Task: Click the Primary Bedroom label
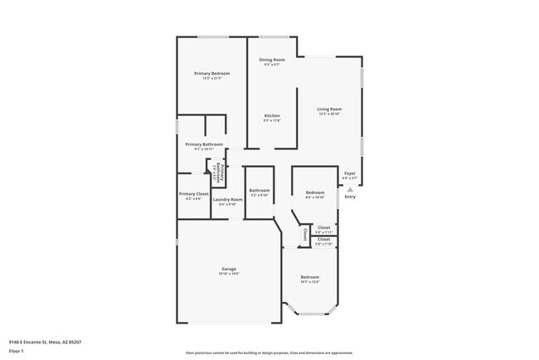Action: [x=212, y=74]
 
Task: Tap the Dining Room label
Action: [x=272, y=60]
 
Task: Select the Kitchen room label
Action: [x=272, y=115]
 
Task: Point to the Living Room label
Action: [x=329, y=109]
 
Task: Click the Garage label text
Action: [x=230, y=269]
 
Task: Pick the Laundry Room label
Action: [x=227, y=199]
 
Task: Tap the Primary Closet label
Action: [x=193, y=194]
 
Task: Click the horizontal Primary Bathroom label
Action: [x=204, y=144]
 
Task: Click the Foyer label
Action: [x=350, y=173]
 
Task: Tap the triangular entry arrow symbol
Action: [x=350, y=189]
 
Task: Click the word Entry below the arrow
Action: [x=350, y=197]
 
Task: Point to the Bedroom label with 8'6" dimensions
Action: [x=314, y=192]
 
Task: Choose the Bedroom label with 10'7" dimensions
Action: [x=309, y=276]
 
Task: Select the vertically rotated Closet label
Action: [x=304, y=233]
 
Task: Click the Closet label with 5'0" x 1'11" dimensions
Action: [x=323, y=227]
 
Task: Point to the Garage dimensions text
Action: [x=230, y=275]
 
